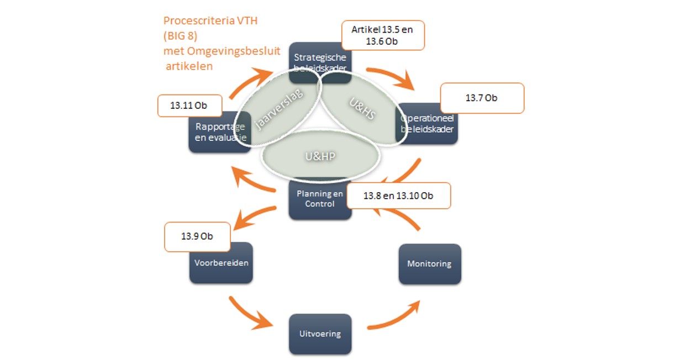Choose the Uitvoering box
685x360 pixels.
coord(320,333)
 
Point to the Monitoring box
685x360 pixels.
coord(429,264)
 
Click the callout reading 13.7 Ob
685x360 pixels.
coord(481,98)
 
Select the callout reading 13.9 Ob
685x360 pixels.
coord(197,236)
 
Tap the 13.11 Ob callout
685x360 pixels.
coord(189,105)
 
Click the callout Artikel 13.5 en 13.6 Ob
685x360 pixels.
coord(382,35)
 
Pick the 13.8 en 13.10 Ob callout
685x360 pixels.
coord(398,195)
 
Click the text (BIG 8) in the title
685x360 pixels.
coord(181,36)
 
